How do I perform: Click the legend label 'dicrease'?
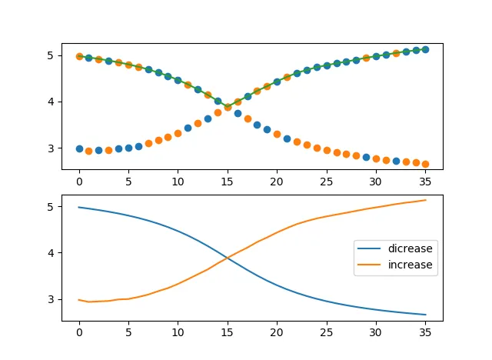411,249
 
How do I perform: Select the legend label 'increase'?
411,265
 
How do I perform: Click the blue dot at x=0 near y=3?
79,148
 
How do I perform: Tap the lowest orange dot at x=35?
425,164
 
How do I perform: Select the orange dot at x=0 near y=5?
79,56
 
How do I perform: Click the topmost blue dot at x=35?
425,49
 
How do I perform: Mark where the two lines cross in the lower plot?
228,257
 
